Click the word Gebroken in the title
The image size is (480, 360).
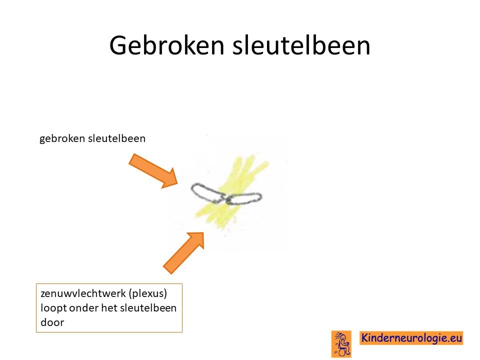[x=167, y=45]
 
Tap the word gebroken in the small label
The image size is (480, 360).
[x=62, y=138]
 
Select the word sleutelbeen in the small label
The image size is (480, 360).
[x=116, y=138]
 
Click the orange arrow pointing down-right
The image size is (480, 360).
[x=153, y=171]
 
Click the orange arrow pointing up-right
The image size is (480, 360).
[x=183, y=252]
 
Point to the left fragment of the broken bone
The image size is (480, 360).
[x=207, y=193]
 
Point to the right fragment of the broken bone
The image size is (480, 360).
[x=244, y=198]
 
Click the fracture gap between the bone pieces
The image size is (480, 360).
[x=225, y=198]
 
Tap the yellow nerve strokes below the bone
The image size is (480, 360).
[x=217, y=216]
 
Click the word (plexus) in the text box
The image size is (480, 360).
[x=148, y=293]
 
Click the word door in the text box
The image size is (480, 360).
[x=52, y=322]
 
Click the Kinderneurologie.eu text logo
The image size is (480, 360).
[x=411, y=338]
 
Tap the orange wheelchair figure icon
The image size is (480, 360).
[x=341, y=344]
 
